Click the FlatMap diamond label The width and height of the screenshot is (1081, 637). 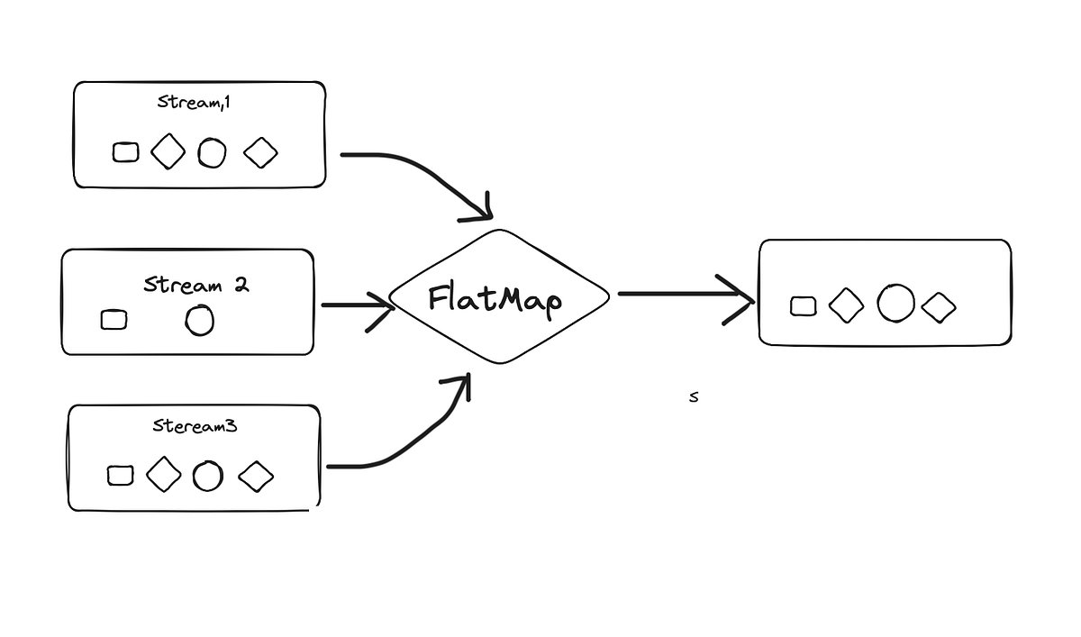coord(495,300)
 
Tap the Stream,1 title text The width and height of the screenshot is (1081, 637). coord(194,103)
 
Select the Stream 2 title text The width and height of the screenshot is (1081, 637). coord(196,285)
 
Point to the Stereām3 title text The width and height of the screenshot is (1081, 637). coord(195,425)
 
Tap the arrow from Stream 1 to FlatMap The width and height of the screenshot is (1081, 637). coord(424,174)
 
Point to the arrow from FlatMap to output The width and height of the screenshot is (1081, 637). coord(686,294)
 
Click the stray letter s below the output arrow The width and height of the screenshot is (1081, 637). coord(694,397)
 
